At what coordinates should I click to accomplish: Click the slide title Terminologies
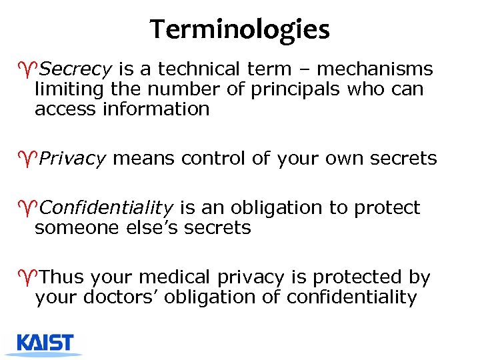[239, 29]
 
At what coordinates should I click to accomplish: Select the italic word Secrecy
[75, 69]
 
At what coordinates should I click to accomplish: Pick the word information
[155, 109]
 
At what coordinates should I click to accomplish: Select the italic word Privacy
[73, 159]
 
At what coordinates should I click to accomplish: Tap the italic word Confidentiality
[107, 208]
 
